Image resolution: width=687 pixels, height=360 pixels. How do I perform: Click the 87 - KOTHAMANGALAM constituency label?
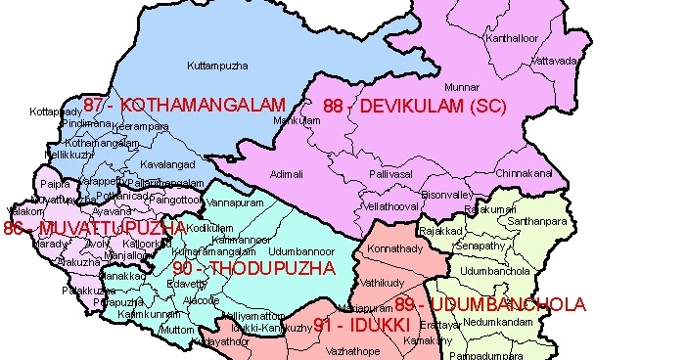[x=184, y=105]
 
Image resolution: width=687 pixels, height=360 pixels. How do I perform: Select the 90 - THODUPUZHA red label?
[x=253, y=268]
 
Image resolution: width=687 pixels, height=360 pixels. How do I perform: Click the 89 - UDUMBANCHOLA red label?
[x=490, y=304]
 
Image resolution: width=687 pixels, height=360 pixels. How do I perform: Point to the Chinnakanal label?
[x=524, y=173]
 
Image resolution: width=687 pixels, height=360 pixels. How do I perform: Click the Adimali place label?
[x=287, y=173]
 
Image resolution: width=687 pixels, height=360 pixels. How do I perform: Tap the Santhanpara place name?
[x=536, y=222]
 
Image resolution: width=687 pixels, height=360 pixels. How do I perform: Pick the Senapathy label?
[x=481, y=247]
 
